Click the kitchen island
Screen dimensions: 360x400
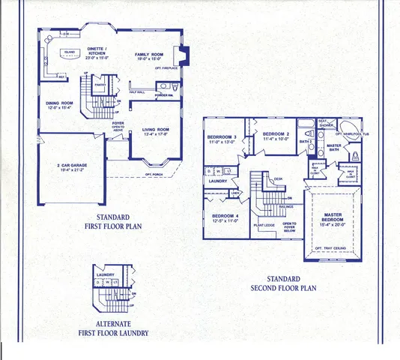click(70, 53)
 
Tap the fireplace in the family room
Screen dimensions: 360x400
click(180, 55)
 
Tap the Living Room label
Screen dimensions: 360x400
click(156, 130)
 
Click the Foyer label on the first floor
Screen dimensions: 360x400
click(118, 123)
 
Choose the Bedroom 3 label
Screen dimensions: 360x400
click(223, 136)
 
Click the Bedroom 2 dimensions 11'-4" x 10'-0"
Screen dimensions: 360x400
click(275, 139)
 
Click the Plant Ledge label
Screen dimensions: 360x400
click(265, 224)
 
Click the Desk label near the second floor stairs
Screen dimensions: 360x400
click(277, 179)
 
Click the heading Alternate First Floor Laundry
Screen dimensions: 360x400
click(112, 328)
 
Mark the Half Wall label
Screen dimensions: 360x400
click(137, 91)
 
